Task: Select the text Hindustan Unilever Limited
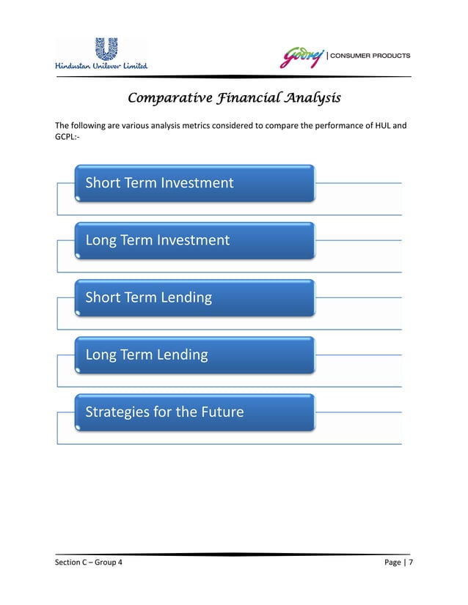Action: click(x=102, y=66)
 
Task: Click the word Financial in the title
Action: click(x=246, y=97)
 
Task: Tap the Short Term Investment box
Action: click(x=195, y=183)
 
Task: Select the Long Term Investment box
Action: click(x=195, y=240)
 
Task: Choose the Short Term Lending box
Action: click(x=195, y=297)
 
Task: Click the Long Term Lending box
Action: click(x=195, y=355)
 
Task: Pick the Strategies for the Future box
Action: click(x=195, y=412)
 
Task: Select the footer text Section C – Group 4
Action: click(x=89, y=563)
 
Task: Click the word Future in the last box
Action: click(x=221, y=412)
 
